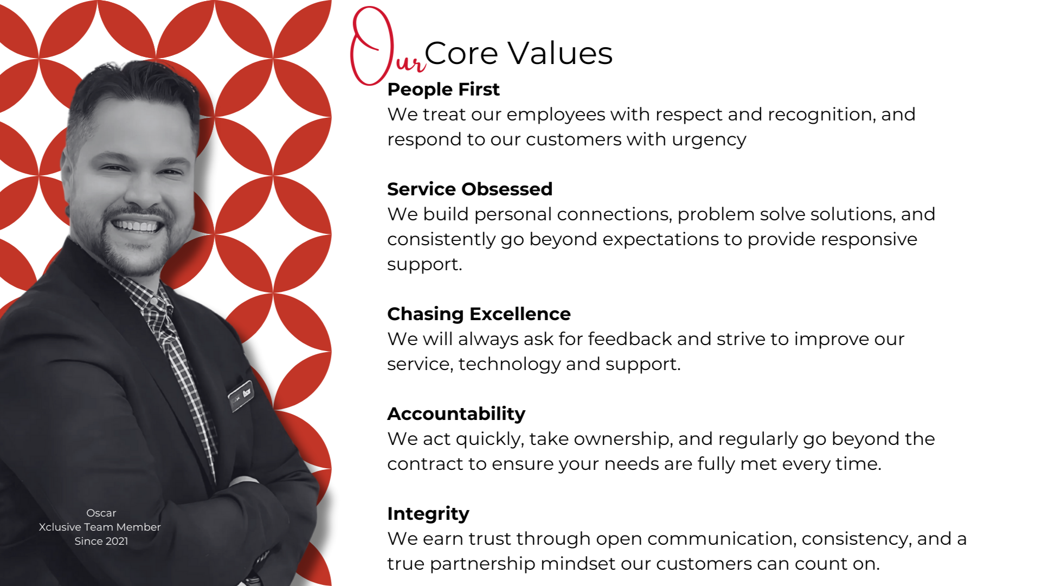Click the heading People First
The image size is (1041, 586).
(443, 90)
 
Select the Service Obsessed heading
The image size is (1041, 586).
(470, 189)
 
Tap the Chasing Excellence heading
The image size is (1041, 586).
(479, 314)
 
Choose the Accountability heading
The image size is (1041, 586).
(456, 414)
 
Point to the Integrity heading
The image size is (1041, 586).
(428, 514)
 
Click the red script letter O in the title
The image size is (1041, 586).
(372, 46)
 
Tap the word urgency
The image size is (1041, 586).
(709, 140)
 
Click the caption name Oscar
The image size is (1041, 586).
(101, 513)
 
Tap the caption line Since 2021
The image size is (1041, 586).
(101, 541)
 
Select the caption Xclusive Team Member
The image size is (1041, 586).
(100, 527)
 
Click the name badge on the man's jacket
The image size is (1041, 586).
(241, 396)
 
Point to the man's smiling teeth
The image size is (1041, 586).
(137, 225)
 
